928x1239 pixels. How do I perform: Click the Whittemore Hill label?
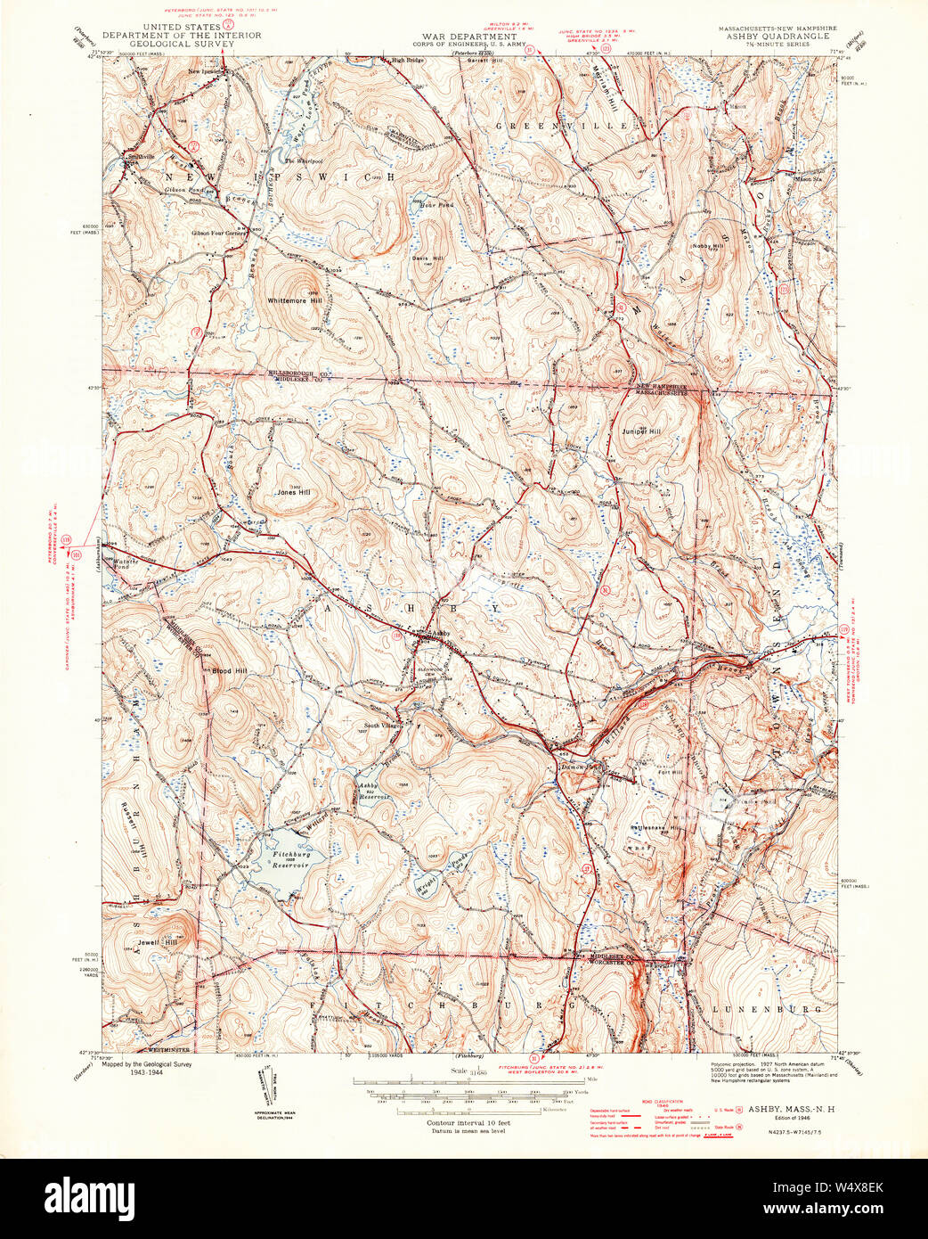click(293, 301)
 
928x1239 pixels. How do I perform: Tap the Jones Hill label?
click(293, 492)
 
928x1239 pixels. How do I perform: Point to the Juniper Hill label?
click(641, 431)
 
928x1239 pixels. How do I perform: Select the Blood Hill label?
click(229, 670)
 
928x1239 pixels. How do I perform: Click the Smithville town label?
click(141, 157)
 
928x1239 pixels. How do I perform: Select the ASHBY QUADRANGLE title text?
click(777, 37)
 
